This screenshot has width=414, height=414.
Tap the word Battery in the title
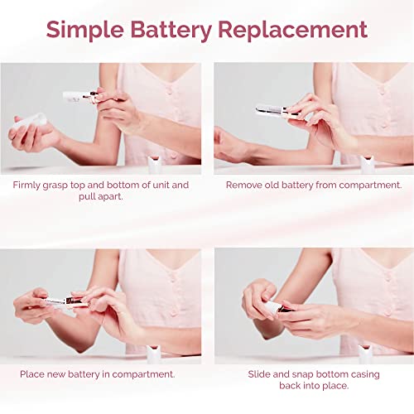[x=172, y=31]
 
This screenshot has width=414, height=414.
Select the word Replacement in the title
[x=294, y=31]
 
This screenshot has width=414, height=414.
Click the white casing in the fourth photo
[x=271, y=307]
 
